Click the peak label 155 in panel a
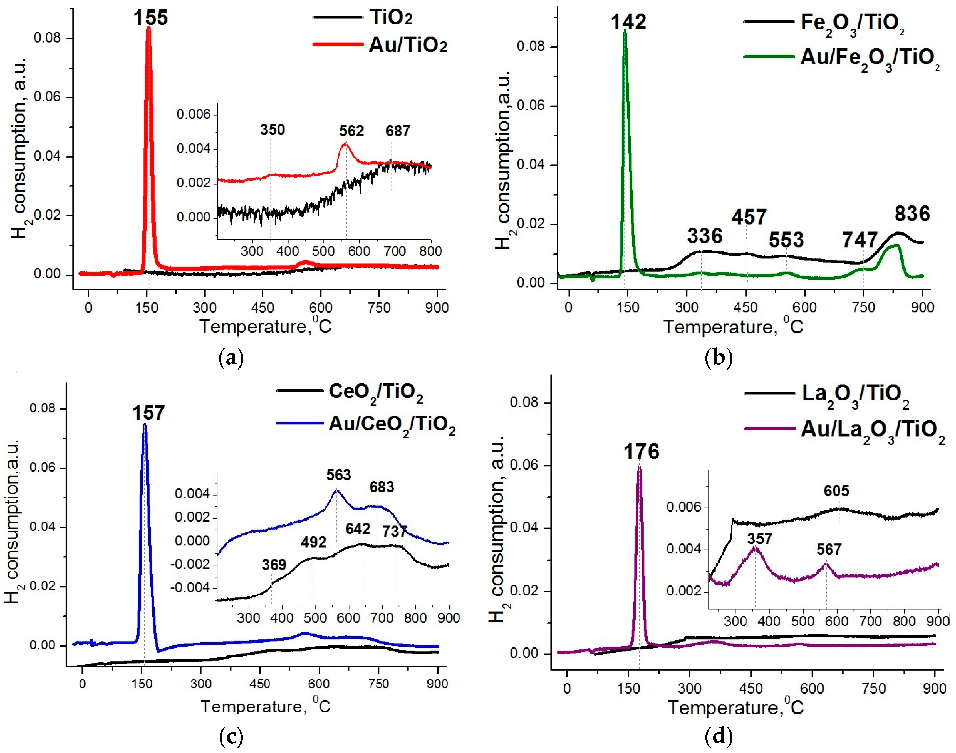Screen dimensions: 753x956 (151, 18)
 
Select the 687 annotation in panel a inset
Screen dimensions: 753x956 (397, 131)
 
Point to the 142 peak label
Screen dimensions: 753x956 (628, 22)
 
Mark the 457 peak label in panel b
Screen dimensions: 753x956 (749, 217)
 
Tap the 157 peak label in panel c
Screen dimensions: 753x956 (148, 413)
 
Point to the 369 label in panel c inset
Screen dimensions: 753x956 (274, 565)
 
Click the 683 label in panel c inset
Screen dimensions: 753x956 (381, 487)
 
